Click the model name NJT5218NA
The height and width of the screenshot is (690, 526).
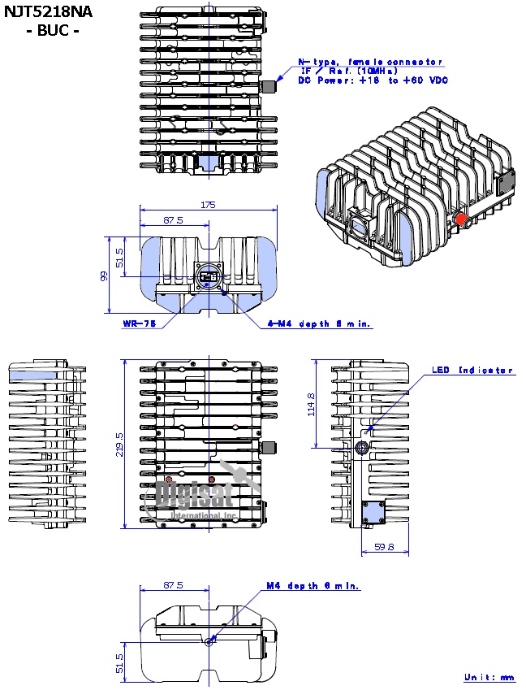pyautogui.click(x=48, y=12)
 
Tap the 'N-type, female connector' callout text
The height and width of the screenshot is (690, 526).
pyautogui.click(x=370, y=62)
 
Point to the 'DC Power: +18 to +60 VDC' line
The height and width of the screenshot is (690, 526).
pyautogui.click(x=373, y=80)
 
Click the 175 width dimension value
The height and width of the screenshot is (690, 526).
pyautogui.click(x=207, y=206)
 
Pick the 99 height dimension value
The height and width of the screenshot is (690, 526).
pyautogui.click(x=103, y=276)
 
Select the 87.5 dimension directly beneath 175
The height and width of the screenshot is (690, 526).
pyautogui.click(x=173, y=220)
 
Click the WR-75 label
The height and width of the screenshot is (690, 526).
pyautogui.click(x=139, y=323)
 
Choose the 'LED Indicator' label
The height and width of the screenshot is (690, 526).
pyautogui.click(x=472, y=371)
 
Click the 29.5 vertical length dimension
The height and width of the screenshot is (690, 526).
pyautogui.click(x=119, y=443)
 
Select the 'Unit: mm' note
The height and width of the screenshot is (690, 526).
pyautogui.click(x=489, y=677)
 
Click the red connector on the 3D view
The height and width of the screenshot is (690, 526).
pyautogui.click(x=459, y=219)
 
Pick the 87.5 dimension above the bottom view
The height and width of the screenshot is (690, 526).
pyautogui.click(x=173, y=585)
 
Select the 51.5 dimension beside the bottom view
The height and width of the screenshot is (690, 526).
pyautogui.click(x=119, y=662)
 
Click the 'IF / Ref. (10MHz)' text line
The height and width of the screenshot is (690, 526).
pyautogui.click(x=349, y=72)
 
